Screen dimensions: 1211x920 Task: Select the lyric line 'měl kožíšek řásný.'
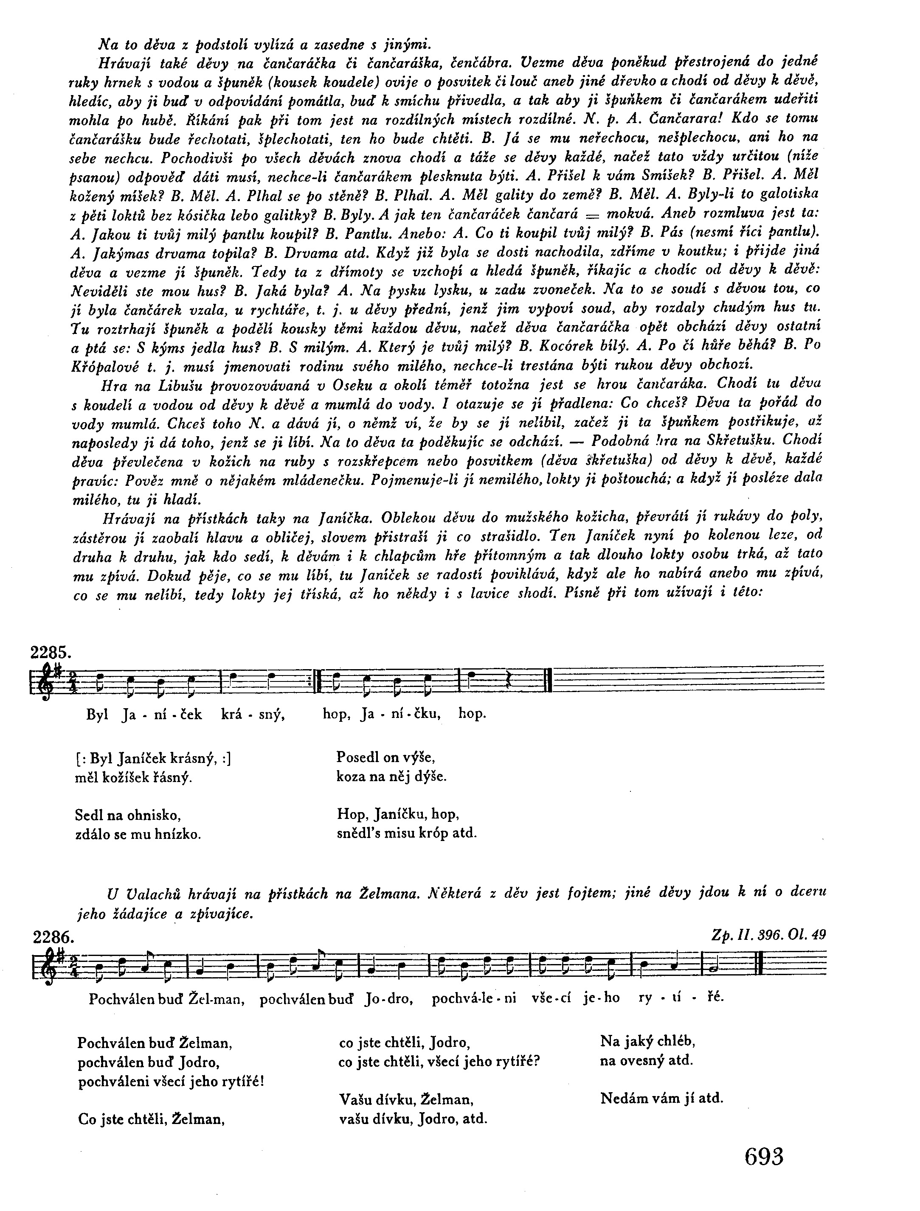tap(134, 777)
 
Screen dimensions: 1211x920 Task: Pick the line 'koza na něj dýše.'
tap(391, 776)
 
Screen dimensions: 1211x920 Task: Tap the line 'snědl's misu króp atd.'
tap(407, 833)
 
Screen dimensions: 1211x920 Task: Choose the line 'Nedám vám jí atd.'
tap(661, 1098)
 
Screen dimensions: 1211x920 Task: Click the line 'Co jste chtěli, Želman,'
tap(152, 1119)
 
